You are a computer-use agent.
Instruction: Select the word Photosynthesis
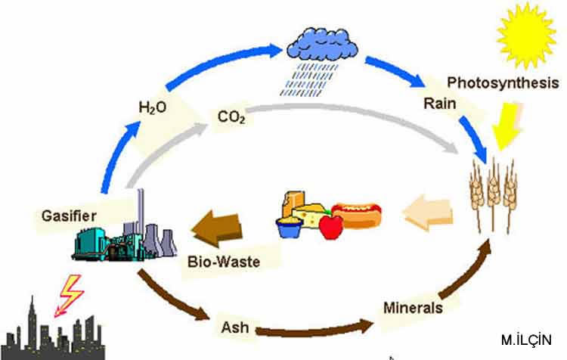click(502, 82)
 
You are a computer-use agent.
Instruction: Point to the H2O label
click(151, 108)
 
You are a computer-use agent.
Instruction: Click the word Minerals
click(412, 308)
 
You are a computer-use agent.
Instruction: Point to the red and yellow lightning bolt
click(69, 293)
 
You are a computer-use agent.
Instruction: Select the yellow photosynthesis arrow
click(503, 124)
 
